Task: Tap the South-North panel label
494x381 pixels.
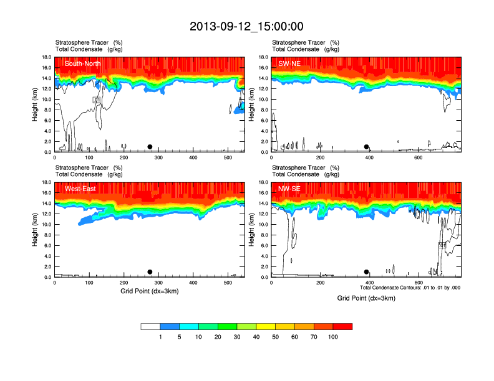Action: coord(83,63)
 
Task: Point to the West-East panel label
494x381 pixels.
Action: coord(80,188)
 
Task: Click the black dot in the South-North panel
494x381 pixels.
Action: coord(150,147)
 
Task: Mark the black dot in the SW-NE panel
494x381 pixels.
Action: coord(367,147)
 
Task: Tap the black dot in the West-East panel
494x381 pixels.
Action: coord(150,272)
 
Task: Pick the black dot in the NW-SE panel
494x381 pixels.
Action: coord(367,272)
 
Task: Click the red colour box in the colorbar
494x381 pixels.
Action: coord(342,326)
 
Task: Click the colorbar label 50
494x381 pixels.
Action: coord(276,337)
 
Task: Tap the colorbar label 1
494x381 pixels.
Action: coord(160,337)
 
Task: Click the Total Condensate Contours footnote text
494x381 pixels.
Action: coord(410,288)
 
